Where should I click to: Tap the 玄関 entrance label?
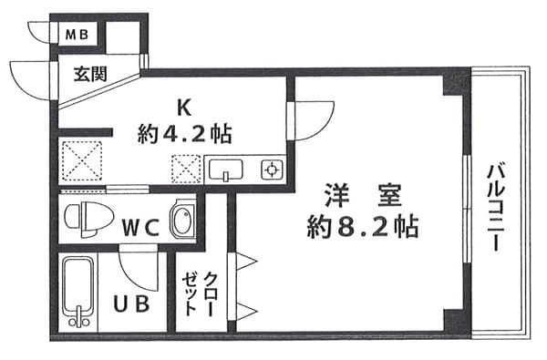(90, 73)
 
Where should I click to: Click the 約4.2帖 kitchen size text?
(184, 135)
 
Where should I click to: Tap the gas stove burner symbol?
(270, 169)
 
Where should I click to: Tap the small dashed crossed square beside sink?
(186, 169)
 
